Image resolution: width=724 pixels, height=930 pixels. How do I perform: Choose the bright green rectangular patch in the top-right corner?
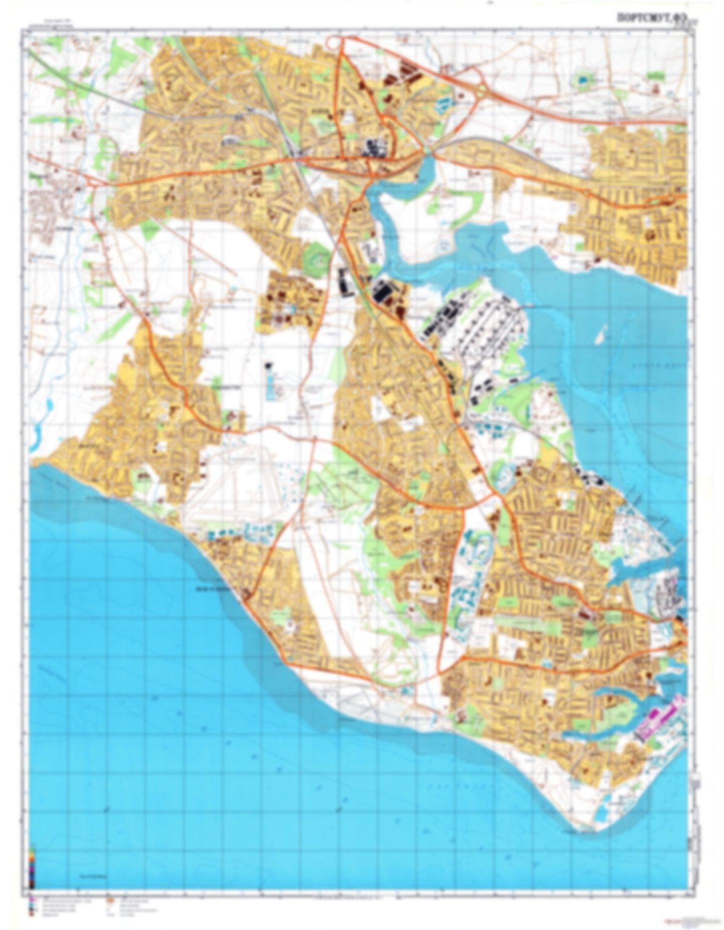pos(655,76)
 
